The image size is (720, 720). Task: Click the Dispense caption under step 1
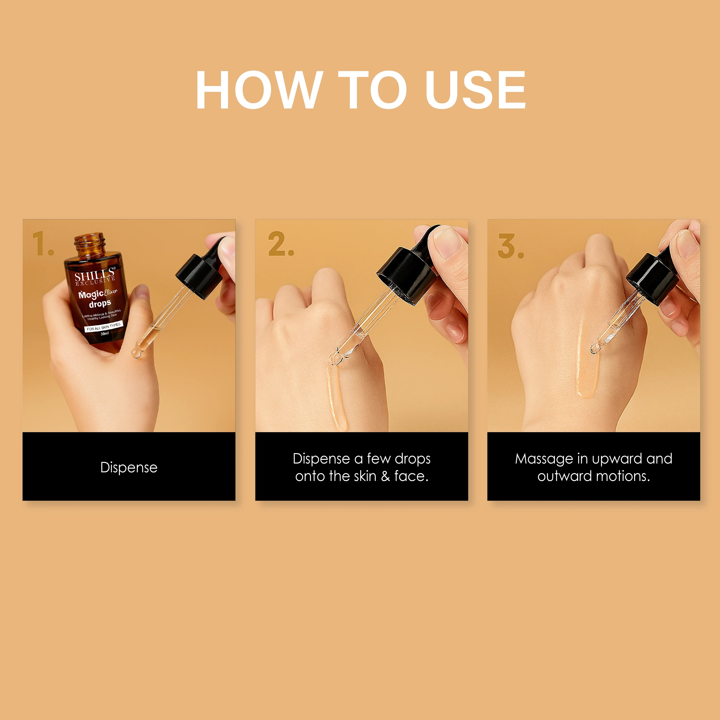coord(129,467)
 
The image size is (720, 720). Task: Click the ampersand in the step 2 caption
coord(385,476)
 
